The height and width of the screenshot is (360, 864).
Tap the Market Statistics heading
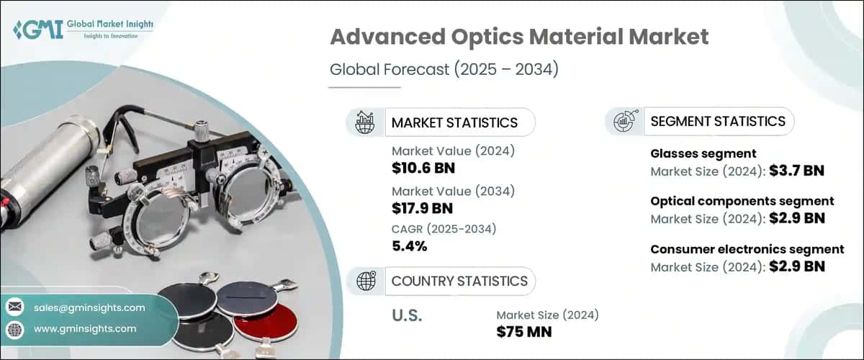pyautogui.click(x=454, y=122)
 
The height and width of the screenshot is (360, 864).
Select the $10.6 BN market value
pyautogui.click(x=423, y=168)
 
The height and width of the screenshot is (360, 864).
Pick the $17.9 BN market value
pyautogui.click(x=423, y=207)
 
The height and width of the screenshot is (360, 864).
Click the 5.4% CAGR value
pyautogui.click(x=410, y=246)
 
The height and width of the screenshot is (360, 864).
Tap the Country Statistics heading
pyautogui.click(x=459, y=281)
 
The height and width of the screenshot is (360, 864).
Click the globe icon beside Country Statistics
pyautogui.click(x=365, y=281)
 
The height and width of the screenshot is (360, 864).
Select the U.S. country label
pyautogui.click(x=407, y=316)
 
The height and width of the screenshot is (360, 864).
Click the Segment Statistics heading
pyautogui.click(x=718, y=122)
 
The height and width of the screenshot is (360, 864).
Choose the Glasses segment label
pyautogui.click(x=693, y=153)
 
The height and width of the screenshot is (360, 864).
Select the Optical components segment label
pyautogui.click(x=742, y=201)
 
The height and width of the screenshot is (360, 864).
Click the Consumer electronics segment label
pyautogui.click(x=747, y=249)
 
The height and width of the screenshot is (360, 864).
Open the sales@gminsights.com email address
pyautogui.click(x=89, y=307)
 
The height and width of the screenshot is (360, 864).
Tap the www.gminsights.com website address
pyautogui.click(x=84, y=328)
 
